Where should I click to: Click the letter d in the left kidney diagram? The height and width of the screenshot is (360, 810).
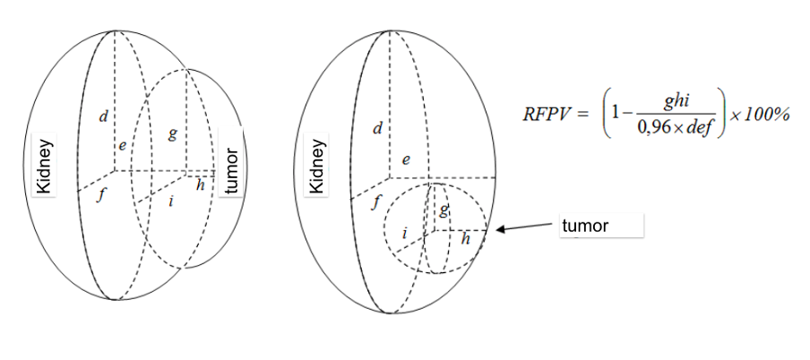point(104,116)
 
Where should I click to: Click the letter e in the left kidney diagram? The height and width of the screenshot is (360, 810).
point(123,146)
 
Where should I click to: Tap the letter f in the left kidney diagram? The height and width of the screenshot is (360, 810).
point(102,196)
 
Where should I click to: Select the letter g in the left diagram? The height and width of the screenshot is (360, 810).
point(173,134)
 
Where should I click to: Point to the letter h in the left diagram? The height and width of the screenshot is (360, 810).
point(201,185)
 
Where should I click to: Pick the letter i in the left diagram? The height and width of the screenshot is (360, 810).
point(170,201)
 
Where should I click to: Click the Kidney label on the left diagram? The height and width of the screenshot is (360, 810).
point(45,166)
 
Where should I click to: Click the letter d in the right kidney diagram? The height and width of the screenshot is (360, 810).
point(377,128)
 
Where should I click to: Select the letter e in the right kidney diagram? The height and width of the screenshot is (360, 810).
point(406,160)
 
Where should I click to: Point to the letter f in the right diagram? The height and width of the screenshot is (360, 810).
point(376,203)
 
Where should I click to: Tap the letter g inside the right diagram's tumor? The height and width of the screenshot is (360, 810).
point(444,210)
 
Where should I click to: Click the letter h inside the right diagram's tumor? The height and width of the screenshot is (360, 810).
point(466,238)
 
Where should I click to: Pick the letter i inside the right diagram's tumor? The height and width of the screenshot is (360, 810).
point(404,234)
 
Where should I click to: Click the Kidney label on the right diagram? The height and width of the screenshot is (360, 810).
point(318,167)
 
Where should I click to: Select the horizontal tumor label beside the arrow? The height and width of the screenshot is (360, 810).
point(585,226)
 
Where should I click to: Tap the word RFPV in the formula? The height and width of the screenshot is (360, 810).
point(548,115)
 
